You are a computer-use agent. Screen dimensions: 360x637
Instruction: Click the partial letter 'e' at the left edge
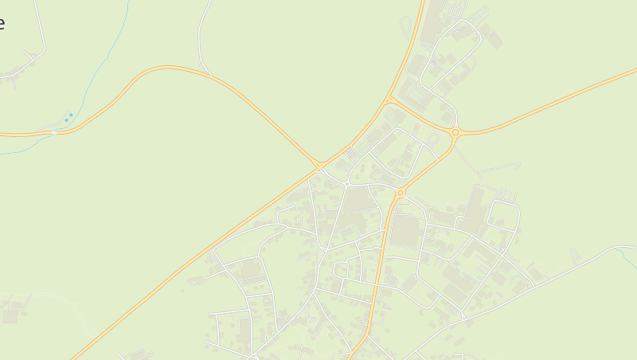pyautogui.click(x=2, y=22)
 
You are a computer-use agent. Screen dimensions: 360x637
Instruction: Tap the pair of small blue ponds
pyautogui.click(x=68, y=118)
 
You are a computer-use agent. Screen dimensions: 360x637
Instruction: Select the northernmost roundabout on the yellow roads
pyautogui.click(x=455, y=132)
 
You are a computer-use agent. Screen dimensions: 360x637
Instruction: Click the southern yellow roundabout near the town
pyautogui.click(x=401, y=193)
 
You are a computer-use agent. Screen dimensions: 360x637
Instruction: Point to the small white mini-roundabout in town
pyautogui.click(x=348, y=184)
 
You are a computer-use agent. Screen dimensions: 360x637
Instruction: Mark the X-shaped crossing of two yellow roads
pyautogui.click(x=320, y=166)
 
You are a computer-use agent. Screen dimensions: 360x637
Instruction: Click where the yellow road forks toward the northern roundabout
pyautogui.click(x=389, y=100)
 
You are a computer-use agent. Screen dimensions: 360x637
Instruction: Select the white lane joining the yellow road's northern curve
pyautogui.click(x=201, y=40)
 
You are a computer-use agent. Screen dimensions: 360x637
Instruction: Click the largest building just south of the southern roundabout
pyautogui.click(x=407, y=231)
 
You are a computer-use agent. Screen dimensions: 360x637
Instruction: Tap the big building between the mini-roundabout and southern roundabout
pyautogui.click(x=359, y=199)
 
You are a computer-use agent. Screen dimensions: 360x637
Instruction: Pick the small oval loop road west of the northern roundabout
pyautogui.click(x=434, y=139)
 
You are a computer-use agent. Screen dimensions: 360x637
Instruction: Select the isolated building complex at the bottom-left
pyautogui.click(x=14, y=312)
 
